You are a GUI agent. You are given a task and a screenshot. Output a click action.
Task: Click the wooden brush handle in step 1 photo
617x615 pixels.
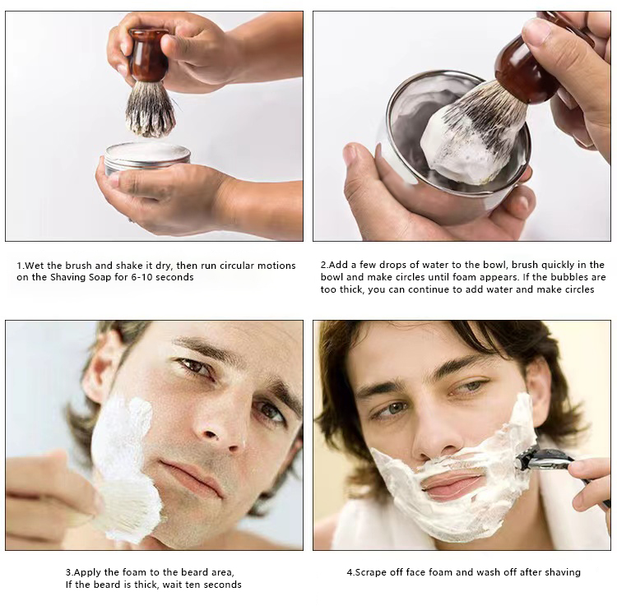pos(149,56)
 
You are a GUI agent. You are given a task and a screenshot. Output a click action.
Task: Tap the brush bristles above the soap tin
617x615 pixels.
pos(150,109)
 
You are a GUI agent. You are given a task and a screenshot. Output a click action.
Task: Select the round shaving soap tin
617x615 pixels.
pos(147,155)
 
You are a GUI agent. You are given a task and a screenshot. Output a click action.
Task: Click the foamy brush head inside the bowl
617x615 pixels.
pos(465,140)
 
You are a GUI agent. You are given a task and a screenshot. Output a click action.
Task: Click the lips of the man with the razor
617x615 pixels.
pos(452,485)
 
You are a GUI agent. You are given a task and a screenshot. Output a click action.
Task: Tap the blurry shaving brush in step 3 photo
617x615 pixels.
pos(123,506)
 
